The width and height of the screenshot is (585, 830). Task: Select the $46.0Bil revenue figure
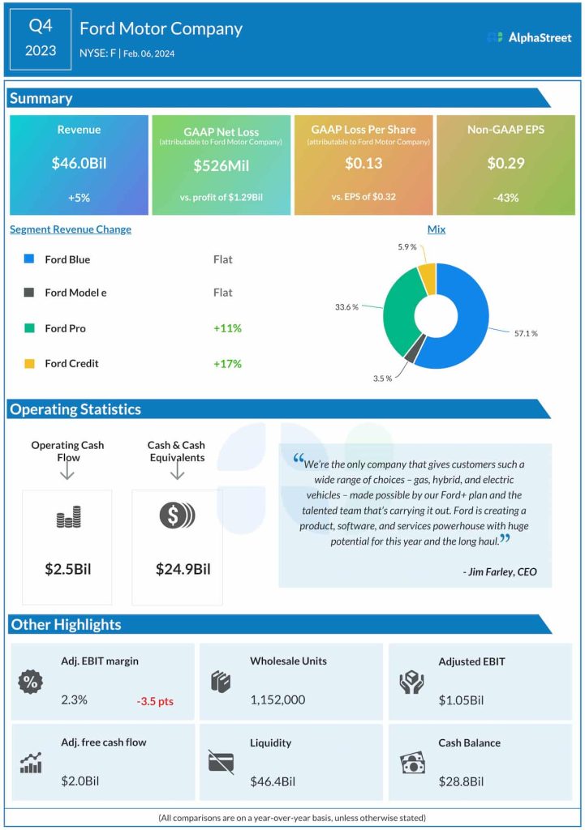pos(79,163)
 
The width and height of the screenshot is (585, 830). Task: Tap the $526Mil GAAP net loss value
pos(221,165)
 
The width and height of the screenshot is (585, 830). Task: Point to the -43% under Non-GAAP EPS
pos(505,197)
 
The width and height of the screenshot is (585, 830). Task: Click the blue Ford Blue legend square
pos(29,260)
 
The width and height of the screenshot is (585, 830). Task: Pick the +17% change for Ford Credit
pos(227,363)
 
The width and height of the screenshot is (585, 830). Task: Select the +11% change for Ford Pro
pos(227,328)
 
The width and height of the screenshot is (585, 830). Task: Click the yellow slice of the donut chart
pos(426,278)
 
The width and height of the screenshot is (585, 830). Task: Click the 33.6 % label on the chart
pos(347,307)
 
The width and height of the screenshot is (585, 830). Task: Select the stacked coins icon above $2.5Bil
pos(68,517)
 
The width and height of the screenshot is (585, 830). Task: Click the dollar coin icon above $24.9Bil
pos(177,516)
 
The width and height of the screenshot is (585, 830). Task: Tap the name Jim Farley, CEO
pos(499,571)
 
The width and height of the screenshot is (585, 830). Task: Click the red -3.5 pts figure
pos(154,700)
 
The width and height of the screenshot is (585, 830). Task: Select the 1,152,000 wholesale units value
pos(277,700)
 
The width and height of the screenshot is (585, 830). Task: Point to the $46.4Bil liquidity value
pos(271,781)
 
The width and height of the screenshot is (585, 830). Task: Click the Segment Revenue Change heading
pos(71,229)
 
